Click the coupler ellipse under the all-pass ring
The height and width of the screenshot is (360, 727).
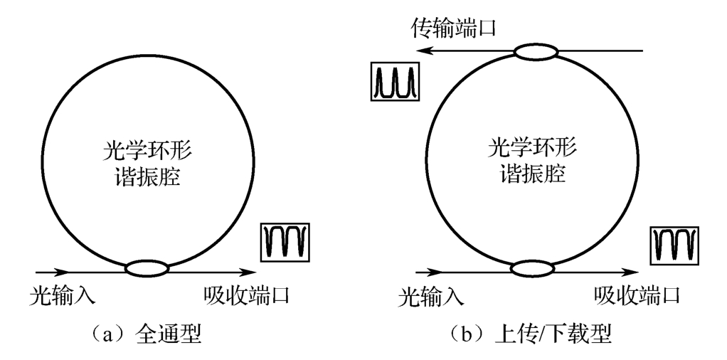click(x=147, y=269)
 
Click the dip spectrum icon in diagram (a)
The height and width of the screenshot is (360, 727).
click(x=285, y=243)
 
